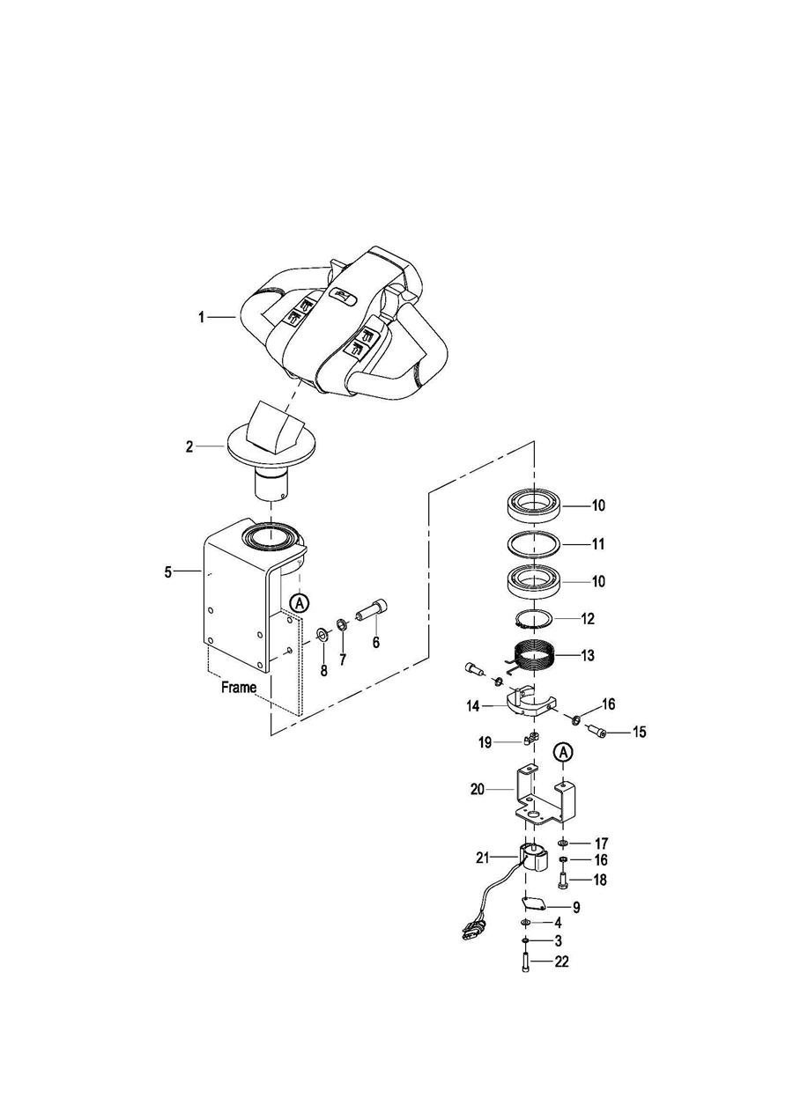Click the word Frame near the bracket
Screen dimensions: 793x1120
coord(239,688)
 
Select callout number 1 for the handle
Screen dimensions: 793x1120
coord(202,317)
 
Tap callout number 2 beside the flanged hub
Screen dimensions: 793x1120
coord(189,446)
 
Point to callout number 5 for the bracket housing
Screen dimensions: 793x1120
coord(168,572)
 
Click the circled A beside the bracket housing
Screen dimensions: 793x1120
coord(300,602)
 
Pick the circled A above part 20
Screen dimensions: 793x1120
coord(563,751)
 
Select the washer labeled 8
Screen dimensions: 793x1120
coord(322,635)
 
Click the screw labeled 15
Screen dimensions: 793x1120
coord(597,733)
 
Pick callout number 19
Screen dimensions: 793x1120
coord(485,743)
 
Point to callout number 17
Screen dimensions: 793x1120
coord(601,844)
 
